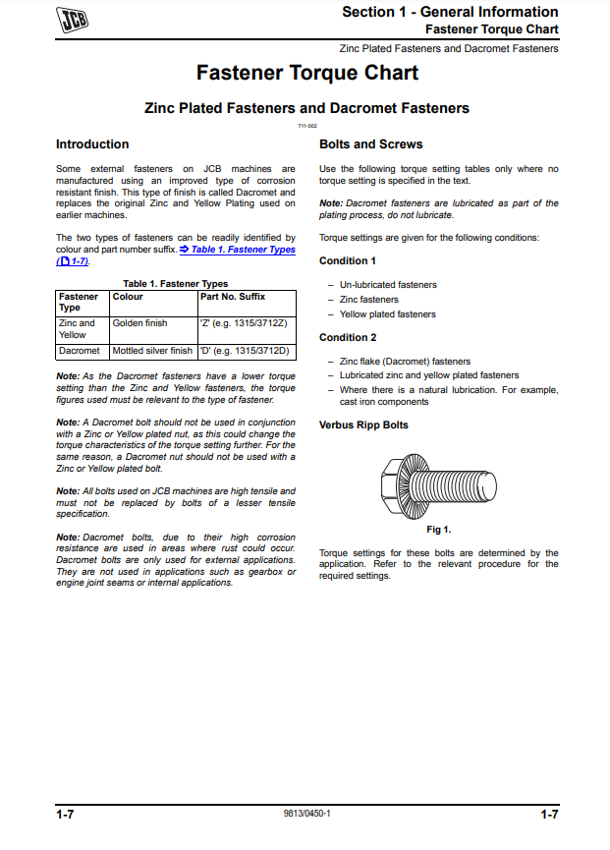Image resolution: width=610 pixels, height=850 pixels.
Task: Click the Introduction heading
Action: coord(92,144)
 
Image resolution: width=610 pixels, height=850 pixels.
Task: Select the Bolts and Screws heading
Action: coord(371,144)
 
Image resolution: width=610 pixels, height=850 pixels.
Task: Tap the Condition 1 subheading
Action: coord(348,261)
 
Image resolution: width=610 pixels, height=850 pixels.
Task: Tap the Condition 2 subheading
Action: coord(348,338)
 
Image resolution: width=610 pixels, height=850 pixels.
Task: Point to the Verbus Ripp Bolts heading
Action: coord(363,425)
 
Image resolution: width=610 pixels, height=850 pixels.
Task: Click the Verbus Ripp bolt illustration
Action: coord(437,482)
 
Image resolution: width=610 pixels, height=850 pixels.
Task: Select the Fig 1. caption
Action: coord(438,530)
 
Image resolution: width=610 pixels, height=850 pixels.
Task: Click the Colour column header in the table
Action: coord(128,296)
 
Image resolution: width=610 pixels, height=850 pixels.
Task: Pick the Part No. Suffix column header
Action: coord(232,296)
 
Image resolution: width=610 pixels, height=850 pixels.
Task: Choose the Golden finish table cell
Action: coord(140,323)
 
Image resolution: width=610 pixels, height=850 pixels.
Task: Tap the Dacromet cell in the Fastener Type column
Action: coord(80,351)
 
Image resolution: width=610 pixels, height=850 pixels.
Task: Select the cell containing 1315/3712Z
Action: coord(243,323)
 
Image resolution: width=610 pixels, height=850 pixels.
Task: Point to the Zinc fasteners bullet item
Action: coord(369,300)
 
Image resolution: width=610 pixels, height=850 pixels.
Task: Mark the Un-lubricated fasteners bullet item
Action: coord(388,285)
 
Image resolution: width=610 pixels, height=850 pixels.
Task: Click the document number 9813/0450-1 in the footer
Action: coord(306,815)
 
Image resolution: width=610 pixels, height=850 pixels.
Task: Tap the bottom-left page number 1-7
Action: coord(66,815)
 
